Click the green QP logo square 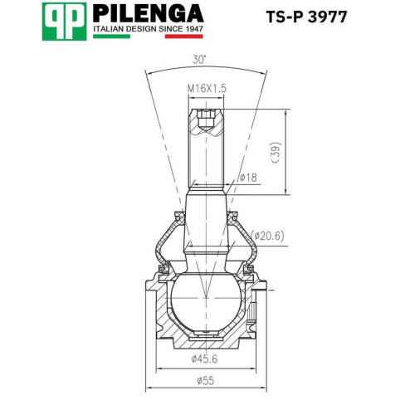(64, 22)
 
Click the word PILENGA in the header (149, 13)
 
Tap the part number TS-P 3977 (306, 17)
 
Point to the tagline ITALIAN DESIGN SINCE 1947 (148, 29)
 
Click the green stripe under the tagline (111, 37)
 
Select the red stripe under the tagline (184, 37)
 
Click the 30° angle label (199, 60)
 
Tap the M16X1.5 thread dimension (207, 89)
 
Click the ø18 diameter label (248, 178)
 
